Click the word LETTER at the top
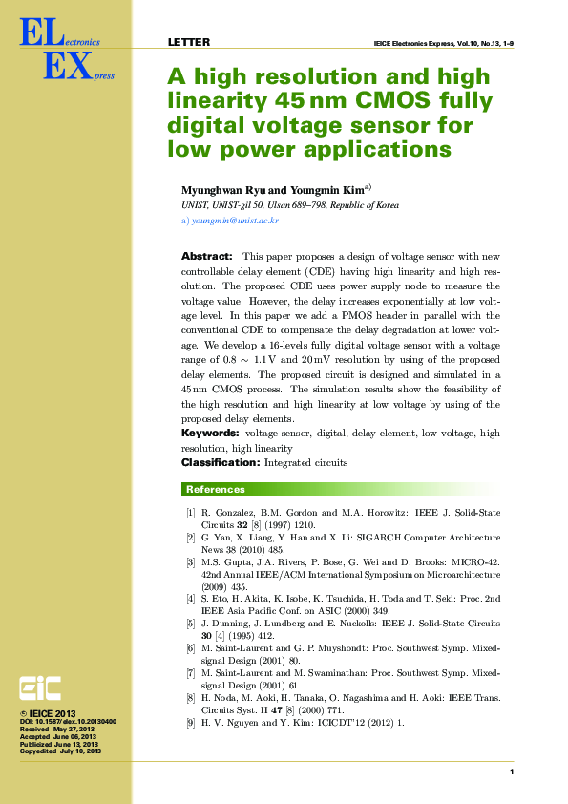tap(188, 42)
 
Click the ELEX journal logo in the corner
tap(59, 52)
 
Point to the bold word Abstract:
tap(207, 257)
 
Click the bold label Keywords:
tap(210, 434)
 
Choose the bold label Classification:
tap(221, 462)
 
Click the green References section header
tap(216, 490)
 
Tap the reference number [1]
tap(190, 513)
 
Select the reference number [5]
tap(190, 624)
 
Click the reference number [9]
tap(190, 722)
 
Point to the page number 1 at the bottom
tap(512, 772)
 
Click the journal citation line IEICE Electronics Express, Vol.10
tap(445, 43)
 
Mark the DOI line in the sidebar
tap(68, 722)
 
